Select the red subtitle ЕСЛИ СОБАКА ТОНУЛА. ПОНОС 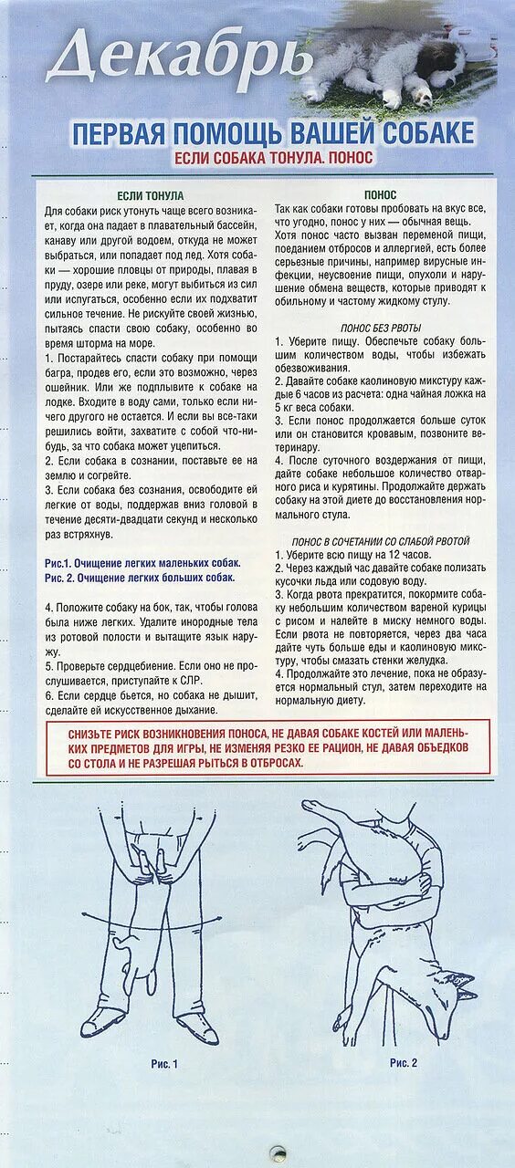[273, 157]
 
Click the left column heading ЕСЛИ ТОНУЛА [151, 195]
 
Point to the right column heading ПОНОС [380, 195]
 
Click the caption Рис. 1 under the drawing [164, 1063]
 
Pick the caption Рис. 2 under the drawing [403, 1063]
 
